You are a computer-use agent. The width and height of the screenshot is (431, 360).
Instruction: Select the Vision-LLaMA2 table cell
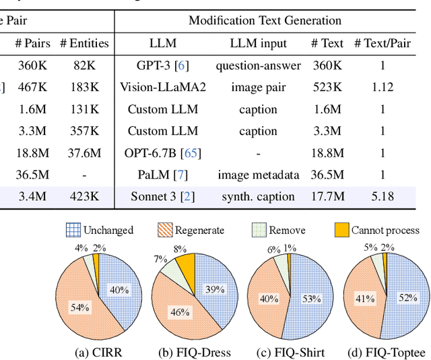pos(162,87)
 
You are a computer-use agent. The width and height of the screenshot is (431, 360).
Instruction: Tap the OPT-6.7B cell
pos(162,153)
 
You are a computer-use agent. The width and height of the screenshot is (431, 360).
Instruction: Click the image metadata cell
pos(259,175)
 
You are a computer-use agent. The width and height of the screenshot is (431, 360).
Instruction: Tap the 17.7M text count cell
pos(328,197)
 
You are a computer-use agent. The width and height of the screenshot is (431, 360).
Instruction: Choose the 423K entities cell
pos(84,197)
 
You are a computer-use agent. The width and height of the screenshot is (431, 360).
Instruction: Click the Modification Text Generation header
pos(265,20)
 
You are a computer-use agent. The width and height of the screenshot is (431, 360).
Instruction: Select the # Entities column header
pos(84,43)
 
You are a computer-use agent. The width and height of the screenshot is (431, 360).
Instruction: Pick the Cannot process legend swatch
pos(341,231)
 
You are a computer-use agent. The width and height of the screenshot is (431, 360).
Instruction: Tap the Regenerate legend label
pos(201,231)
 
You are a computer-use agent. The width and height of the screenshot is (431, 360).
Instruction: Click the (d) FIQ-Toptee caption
pos(384,352)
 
